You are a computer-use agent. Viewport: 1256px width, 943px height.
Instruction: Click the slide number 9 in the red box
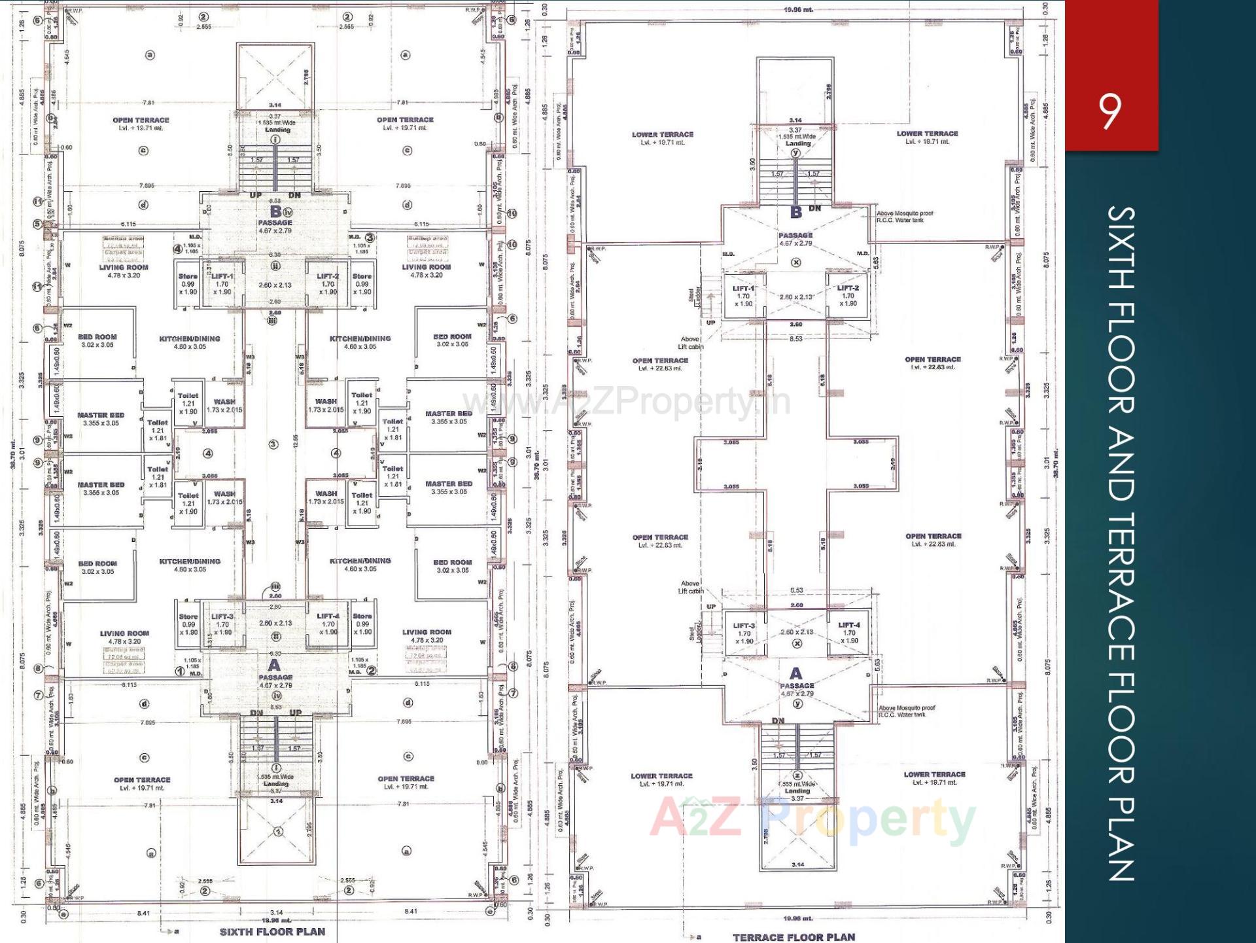[x=1109, y=112]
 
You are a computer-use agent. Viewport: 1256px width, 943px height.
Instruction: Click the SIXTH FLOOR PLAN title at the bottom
[x=272, y=931]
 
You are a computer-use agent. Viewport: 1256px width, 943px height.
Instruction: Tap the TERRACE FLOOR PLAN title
[x=794, y=936]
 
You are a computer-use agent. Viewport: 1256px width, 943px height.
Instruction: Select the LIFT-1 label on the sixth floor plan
[x=222, y=276]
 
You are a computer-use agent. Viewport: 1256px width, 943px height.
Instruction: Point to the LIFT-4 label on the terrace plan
[x=849, y=625]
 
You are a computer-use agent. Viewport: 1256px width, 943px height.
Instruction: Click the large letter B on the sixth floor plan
[x=275, y=211]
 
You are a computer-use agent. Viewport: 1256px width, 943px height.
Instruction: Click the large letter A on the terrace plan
[x=795, y=673]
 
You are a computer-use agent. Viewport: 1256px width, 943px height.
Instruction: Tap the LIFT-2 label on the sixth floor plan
[x=328, y=276]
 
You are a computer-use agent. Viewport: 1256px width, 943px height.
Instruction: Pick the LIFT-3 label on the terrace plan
[x=744, y=626]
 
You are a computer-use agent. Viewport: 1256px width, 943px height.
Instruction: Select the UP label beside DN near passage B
[x=255, y=195]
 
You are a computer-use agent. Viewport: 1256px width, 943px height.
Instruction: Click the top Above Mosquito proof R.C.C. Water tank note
[x=905, y=217]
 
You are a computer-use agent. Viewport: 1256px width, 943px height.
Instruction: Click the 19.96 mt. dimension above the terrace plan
[x=798, y=10]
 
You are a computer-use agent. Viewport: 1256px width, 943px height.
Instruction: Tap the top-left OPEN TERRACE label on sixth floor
[x=141, y=120]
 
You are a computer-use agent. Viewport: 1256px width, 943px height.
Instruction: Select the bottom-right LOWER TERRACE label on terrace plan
[x=934, y=774]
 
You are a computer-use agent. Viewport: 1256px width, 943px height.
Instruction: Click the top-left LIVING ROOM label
[x=124, y=267]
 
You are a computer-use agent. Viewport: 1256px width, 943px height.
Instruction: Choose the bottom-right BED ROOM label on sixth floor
[x=452, y=562]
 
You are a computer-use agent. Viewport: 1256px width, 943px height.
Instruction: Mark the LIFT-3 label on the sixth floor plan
[x=222, y=616]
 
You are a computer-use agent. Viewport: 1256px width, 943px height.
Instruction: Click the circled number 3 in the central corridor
[x=273, y=444]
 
